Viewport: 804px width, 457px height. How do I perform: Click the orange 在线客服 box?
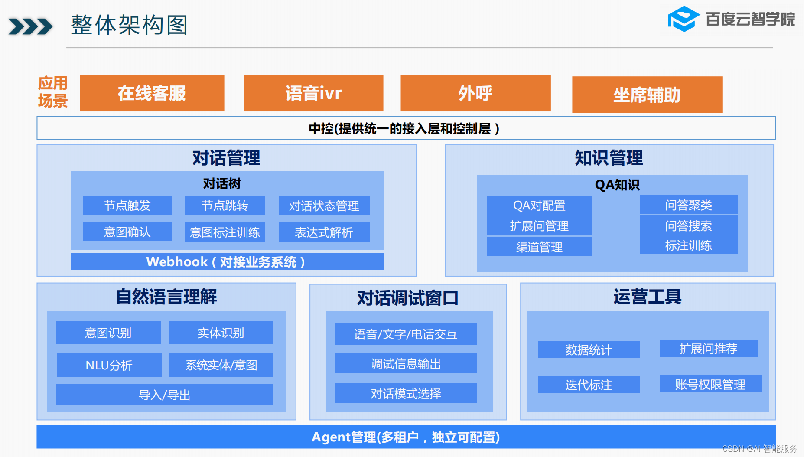(x=152, y=93)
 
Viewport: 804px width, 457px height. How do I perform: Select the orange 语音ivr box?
(x=313, y=93)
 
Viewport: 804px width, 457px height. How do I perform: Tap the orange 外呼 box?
(x=475, y=93)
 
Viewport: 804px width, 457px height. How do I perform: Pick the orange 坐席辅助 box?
(x=647, y=95)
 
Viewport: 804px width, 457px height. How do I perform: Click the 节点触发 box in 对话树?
(x=127, y=205)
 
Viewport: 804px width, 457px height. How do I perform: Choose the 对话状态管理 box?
(x=324, y=206)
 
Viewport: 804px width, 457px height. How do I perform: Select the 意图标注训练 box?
(x=225, y=232)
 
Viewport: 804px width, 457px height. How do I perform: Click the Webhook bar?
(x=228, y=262)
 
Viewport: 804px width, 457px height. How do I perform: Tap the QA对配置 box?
(x=539, y=205)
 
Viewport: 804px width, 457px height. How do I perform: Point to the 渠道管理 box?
(x=539, y=247)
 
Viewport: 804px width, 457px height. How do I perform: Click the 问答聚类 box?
(x=688, y=205)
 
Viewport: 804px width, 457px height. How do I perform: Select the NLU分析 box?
(x=109, y=365)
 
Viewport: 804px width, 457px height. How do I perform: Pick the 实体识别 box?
(x=221, y=333)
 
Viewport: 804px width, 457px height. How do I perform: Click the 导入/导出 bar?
(x=165, y=395)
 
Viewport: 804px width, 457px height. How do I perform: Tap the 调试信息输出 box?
(x=406, y=363)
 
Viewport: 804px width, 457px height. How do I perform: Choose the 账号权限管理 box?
(x=710, y=384)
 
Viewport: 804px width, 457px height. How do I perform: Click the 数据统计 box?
(x=589, y=349)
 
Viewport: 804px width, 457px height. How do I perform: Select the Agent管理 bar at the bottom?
(x=406, y=437)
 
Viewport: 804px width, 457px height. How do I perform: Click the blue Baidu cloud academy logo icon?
(x=684, y=19)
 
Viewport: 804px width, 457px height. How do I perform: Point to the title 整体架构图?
(x=129, y=25)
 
